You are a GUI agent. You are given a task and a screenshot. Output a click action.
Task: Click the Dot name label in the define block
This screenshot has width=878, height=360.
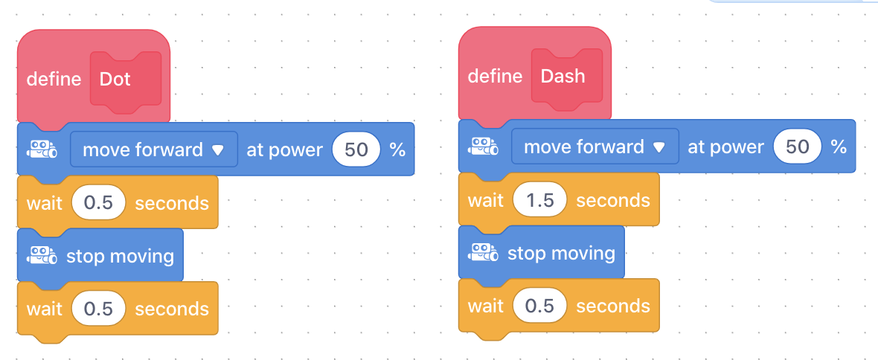(x=115, y=79)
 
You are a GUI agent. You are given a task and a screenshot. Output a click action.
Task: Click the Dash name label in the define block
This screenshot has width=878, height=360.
(x=563, y=76)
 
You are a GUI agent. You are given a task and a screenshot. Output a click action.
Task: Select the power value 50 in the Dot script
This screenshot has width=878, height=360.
(x=356, y=150)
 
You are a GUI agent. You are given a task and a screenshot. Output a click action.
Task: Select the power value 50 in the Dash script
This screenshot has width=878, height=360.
(x=798, y=147)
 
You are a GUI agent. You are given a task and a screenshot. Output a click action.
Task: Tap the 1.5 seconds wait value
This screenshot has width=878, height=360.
(x=539, y=200)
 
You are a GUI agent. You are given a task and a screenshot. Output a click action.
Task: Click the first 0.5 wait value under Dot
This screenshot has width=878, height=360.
(x=98, y=202)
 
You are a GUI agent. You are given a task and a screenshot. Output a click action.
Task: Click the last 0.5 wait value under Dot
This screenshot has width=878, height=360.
(x=98, y=309)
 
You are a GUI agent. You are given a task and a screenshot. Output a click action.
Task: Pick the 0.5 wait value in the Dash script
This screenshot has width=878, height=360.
(x=539, y=306)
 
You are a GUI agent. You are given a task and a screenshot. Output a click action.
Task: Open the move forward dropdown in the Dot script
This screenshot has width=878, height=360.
(x=153, y=150)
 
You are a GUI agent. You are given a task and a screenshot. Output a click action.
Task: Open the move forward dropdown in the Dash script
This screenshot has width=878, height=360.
(x=595, y=147)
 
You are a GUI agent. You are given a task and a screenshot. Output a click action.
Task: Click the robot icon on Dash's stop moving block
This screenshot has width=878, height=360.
(x=483, y=252)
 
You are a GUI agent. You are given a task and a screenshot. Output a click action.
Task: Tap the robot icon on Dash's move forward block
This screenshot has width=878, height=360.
(x=483, y=146)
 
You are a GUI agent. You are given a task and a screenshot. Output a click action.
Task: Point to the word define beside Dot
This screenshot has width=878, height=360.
(x=54, y=79)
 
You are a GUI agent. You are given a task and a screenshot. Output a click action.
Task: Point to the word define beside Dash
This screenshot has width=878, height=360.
(x=495, y=76)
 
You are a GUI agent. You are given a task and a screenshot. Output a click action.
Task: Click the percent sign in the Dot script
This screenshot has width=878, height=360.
(x=397, y=150)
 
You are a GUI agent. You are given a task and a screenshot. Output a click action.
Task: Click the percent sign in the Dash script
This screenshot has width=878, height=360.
(x=839, y=147)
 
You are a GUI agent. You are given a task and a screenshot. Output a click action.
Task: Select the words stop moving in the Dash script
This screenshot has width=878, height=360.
(x=561, y=254)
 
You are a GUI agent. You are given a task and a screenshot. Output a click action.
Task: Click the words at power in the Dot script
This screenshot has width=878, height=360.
(x=284, y=150)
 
